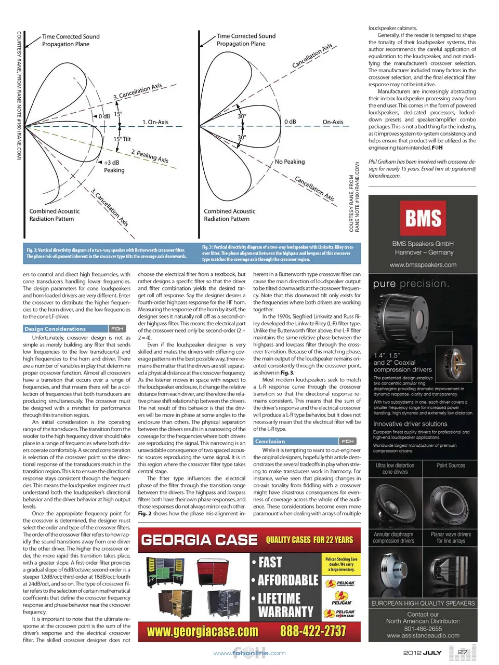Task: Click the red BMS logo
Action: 423,218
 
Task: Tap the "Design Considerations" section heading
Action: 55,329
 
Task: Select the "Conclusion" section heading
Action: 270,442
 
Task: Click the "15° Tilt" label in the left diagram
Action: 123,139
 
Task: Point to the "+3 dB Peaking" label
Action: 114,166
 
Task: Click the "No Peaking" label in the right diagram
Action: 290,162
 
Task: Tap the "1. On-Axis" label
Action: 155,122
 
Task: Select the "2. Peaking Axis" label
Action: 150,156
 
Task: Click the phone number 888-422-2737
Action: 313,631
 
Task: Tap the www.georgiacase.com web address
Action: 202,631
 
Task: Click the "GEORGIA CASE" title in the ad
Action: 199,540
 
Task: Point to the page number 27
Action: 462,652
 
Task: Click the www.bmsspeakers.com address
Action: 423,265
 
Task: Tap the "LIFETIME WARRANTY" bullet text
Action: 285,605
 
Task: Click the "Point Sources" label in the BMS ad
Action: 451,465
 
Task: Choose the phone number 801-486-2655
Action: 423,629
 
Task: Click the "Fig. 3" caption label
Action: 208,247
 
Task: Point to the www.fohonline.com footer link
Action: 249,653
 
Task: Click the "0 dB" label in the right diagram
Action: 290,122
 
